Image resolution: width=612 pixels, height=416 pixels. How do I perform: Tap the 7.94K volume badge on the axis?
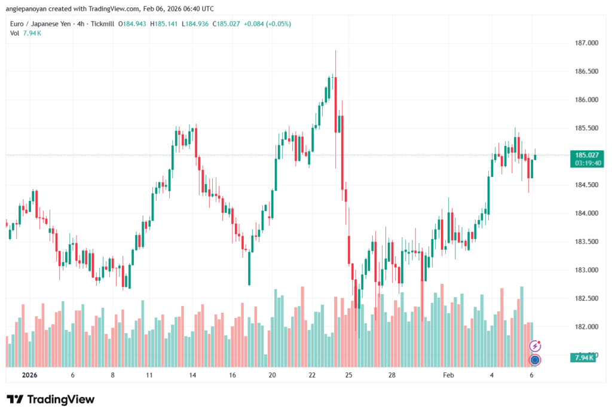583,357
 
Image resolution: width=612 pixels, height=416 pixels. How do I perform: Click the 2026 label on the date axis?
29,375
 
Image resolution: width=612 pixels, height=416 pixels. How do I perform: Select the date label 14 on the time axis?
193,375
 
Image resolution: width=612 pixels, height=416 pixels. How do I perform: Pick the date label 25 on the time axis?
349,375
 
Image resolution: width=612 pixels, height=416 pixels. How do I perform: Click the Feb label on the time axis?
448,375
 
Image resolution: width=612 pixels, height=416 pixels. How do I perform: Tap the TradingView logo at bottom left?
51,399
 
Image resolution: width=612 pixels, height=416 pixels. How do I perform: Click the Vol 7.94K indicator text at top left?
26,33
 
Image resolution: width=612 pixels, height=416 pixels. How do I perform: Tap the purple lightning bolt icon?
535,346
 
